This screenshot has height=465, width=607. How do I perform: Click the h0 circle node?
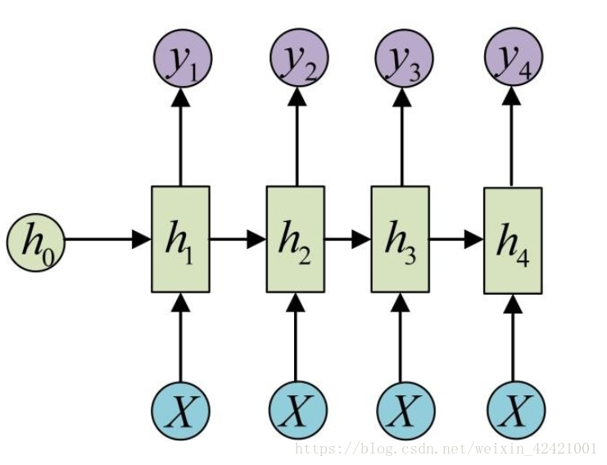click(35, 240)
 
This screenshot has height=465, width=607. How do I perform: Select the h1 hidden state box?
click(180, 239)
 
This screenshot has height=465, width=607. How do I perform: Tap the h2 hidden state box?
click(296, 239)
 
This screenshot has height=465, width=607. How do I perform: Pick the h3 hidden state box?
click(400, 239)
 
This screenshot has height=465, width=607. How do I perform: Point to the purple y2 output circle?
click(298, 60)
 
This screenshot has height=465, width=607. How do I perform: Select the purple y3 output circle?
click(403, 60)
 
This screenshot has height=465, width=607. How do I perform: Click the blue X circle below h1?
click(181, 409)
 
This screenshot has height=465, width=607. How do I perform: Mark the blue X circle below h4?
click(514, 409)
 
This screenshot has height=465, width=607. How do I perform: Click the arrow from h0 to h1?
click(107, 240)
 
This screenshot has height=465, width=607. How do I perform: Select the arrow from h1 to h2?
click(238, 240)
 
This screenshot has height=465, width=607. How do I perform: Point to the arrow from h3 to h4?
click(455, 240)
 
